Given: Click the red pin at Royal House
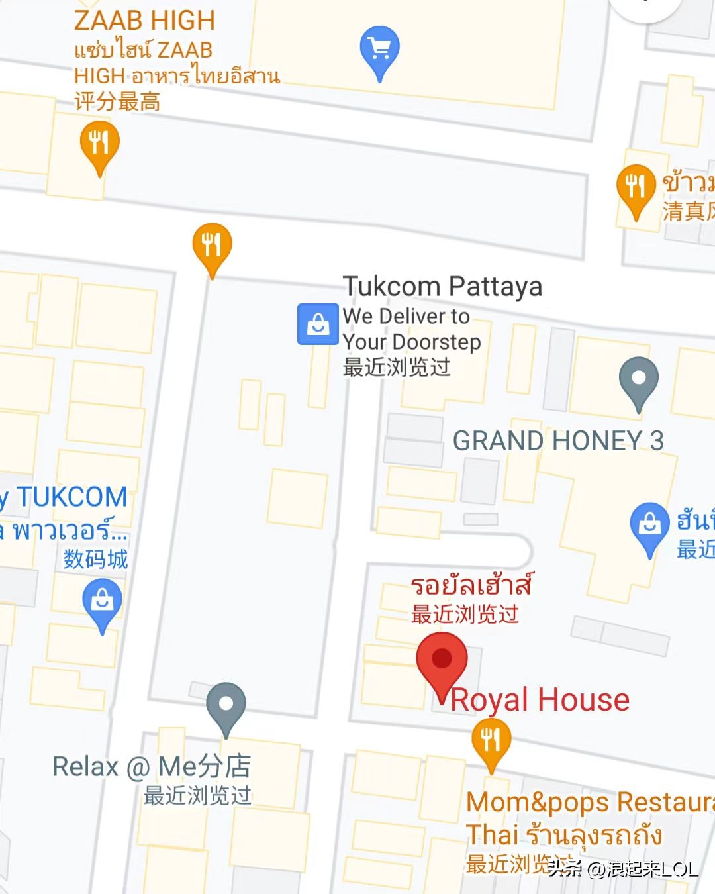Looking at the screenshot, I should tap(442, 660).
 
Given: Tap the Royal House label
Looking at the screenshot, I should tap(540, 699).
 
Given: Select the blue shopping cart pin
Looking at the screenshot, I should tap(379, 48).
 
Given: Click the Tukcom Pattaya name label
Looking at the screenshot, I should tap(442, 286).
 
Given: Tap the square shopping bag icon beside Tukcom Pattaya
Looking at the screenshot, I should tap(318, 324).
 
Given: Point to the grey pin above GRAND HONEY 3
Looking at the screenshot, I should tap(638, 379).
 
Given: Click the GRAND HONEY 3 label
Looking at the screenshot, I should tap(557, 440).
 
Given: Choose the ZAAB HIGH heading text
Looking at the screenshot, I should tap(144, 20).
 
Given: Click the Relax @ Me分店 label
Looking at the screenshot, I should tap(152, 766).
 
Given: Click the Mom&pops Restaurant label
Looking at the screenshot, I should tap(589, 802).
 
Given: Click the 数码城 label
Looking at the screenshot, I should tap(95, 559).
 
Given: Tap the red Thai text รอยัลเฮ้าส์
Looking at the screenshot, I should tap(471, 585).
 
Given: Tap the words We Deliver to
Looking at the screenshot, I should tap(406, 316).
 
